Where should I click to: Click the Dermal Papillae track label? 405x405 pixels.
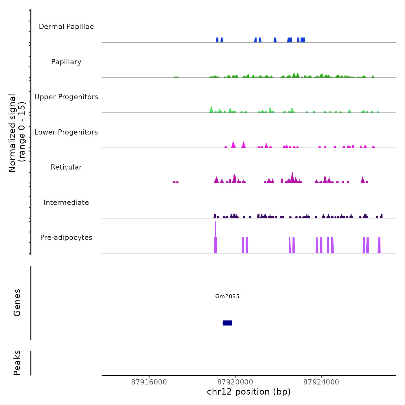[x=66, y=27]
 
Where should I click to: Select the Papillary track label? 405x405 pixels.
[x=66, y=62]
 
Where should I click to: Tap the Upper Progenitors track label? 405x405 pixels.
[x=66, y=97]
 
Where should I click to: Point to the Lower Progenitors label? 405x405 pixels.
[x=66, y=132]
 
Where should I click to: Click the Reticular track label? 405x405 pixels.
[x=66, y=167]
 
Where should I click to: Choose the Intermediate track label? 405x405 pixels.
[x=66, y=203]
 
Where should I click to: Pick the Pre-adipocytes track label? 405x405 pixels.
[x=66, y=238]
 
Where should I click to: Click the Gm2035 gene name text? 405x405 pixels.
[x=227, y=296]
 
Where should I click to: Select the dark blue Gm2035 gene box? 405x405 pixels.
[x=227, y=323]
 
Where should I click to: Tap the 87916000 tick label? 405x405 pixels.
[x=149, y=382]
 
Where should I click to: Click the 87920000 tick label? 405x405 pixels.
[x=235, y=382]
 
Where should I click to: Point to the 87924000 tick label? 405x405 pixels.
[x=321, y=382]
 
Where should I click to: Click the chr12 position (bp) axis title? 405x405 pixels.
[x=249, y=392]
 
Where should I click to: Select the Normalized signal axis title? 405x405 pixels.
[x=17, y=133]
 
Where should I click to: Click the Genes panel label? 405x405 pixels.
[x=17, y=303]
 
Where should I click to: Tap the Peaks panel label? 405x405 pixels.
[x=17, y=363]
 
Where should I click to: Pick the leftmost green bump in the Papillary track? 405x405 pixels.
[x=176, y=77]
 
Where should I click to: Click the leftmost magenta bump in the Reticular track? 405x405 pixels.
[x=174, y=182]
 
